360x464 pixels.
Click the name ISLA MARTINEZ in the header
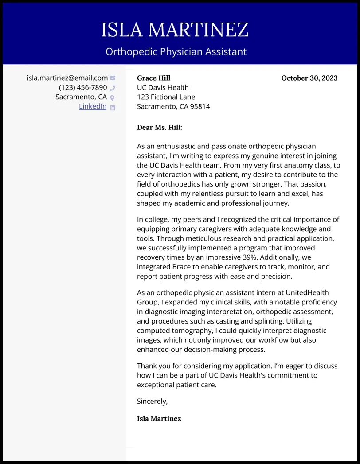click(175, 30)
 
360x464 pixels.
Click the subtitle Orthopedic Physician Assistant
click(176, 51)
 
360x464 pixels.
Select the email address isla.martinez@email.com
click(67, 78)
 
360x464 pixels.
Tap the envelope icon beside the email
click(113, 78)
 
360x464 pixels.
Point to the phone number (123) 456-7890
click(83, 87)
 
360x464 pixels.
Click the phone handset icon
click(113, 88)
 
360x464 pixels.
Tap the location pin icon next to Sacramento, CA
click(113, 97)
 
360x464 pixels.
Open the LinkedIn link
click(93, 106)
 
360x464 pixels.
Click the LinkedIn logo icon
click(113, 107)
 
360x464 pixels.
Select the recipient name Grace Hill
click(154, 78)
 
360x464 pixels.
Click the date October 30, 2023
click(309, 78)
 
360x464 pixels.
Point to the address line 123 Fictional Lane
click(166, 97)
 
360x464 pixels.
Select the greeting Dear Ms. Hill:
click(160, 128)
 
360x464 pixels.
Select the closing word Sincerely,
click(153, 402)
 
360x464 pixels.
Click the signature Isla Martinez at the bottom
click(159, 418)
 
